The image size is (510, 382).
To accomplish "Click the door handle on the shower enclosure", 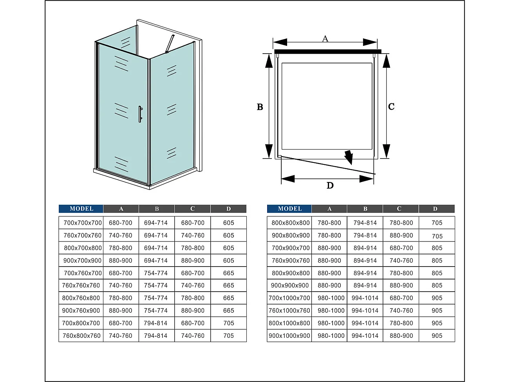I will [140, 114].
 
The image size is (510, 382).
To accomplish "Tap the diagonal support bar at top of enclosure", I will [170, 43].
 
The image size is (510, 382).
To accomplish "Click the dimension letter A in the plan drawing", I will [325, 38].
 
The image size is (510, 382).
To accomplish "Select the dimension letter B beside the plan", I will [260, 107].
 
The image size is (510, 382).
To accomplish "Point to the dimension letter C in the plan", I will [391, 106].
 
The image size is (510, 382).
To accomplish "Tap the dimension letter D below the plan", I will [330, 186].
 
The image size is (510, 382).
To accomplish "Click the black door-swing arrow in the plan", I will [348, 157].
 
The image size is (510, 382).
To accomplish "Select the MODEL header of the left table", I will [81, 209].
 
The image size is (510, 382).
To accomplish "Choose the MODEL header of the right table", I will [289, 209].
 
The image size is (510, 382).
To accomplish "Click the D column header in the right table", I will [435, 209].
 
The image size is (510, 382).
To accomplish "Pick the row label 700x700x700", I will [82, 223].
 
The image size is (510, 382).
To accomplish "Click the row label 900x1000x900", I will [289, 335].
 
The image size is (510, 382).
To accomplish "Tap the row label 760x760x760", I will [81, 285].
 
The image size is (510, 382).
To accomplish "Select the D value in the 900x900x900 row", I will [437, 285].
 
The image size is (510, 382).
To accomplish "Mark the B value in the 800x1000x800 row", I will [365, 323].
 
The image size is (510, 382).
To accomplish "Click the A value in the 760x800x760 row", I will [121, 335].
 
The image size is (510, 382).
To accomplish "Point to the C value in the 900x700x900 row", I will [193, 260].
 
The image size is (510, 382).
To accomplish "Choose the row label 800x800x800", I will [290, 223].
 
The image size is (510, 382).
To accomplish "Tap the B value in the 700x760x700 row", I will [156, 273].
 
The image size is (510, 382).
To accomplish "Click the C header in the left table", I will [192, 209].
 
